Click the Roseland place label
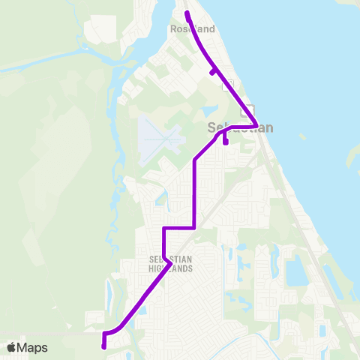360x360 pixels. tap(193, 29)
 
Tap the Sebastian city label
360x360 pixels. tap(240, 128)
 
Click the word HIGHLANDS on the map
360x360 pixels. tap(172, 268)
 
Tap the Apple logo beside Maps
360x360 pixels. tap(12, 347)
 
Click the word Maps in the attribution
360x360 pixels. tap(33, 347)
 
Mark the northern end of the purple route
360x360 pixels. tap(187, 13)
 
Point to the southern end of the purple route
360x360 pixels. tap(103, 346)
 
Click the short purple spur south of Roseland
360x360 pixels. tap(214, 72)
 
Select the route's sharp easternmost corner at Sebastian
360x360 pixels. tap(256, 125)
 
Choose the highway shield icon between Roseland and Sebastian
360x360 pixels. tap(228, 84)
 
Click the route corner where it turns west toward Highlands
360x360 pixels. tap(195, 226)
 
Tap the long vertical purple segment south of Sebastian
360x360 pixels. tap(195, 191)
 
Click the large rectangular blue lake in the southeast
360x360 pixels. tap(293, 270)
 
